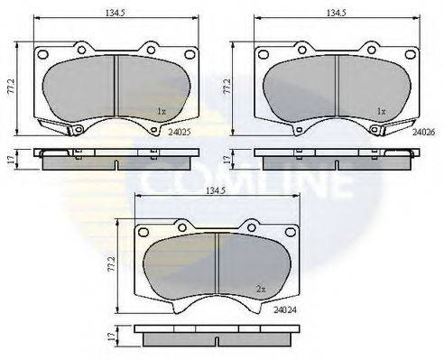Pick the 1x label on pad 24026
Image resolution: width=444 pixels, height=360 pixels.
(x=381, y=111)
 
